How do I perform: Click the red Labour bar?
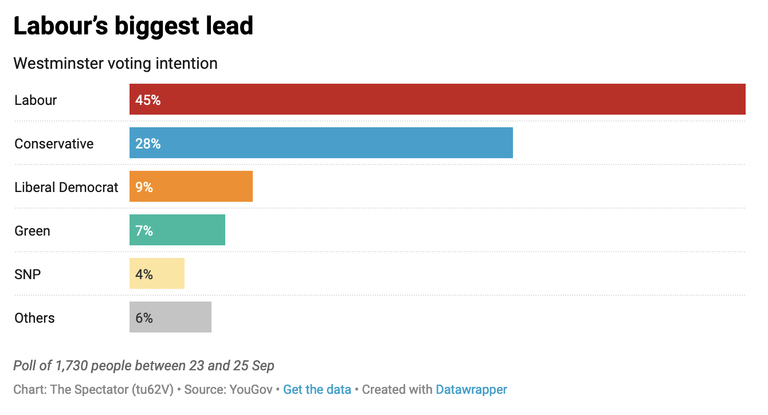[437, 99]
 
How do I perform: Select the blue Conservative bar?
[321, 143]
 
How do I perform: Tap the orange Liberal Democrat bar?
[191, 186]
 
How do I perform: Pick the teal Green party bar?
[177, 230]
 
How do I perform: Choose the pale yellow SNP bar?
[157, 273]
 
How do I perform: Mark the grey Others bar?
[170, 317]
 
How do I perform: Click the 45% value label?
[148, 100]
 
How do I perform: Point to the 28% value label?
[148, 143]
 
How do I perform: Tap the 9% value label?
[144, 187]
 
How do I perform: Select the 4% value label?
[144, 274]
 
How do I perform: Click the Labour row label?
[36, 100]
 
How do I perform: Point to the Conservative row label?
[54, 143]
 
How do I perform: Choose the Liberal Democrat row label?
[66, 187]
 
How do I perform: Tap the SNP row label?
[28, 274]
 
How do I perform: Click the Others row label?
[34, 318]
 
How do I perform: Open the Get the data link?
[317, 390]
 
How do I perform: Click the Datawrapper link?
[471, 390]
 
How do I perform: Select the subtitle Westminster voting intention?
[115, 63]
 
